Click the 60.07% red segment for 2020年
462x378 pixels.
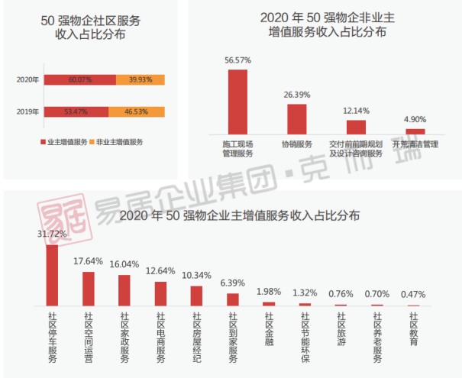point(79,79)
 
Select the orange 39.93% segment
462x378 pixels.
point(140,79)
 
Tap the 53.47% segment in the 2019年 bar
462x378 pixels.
point(76,111)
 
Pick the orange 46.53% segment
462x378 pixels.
point(137,111)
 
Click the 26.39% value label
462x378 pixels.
point(296,95)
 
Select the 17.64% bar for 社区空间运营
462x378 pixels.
point(89,289)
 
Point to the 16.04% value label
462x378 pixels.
point(124,264)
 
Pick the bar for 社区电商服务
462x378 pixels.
point(160,294)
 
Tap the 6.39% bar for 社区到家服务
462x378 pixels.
point(233,299)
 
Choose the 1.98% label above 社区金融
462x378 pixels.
point(269,291)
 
